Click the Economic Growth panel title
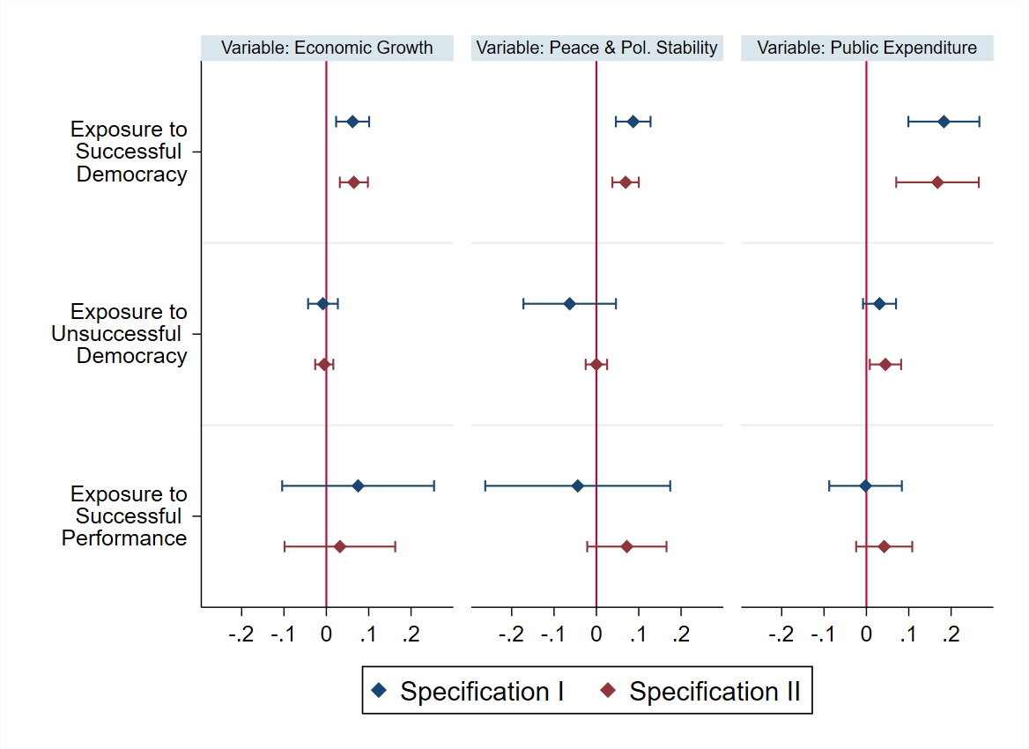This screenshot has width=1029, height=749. (327, 48)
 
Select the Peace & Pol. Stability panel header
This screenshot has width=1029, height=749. (597, 48)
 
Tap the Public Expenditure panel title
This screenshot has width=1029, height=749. (867, 48)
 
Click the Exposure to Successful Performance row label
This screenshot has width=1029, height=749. (124, 515)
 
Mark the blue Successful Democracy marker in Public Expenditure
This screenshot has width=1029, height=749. (944, 122)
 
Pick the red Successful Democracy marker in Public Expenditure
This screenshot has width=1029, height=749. (937, 182)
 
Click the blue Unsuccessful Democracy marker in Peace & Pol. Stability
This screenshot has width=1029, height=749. (569, 304)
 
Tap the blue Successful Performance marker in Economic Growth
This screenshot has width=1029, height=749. (358, 486)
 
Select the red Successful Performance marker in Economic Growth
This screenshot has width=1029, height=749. (340, 546)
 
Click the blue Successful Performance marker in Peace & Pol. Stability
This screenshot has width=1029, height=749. (577, 486)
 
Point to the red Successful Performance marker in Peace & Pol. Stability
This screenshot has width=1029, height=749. (626, 546)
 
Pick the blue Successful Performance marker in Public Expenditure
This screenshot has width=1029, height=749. (865, 486)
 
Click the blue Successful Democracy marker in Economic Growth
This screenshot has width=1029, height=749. (352, 122)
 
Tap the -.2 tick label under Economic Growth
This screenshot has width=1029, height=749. (241, 634)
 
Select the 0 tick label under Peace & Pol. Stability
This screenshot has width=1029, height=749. (596, 634)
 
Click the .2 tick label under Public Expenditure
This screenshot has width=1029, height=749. (951, 634)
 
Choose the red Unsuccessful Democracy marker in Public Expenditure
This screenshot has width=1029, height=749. (885, 364)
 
